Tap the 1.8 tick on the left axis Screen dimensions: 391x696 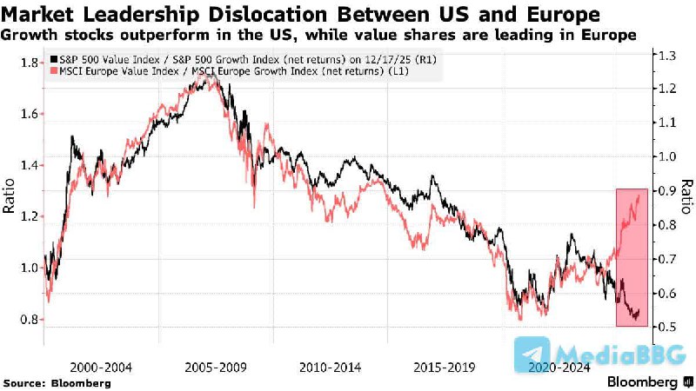(x=29, y=63)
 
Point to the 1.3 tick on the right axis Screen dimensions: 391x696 (x=667, y=56)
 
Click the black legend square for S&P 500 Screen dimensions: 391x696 (x=54, y=58)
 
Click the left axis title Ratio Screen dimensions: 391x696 (x=10, y=197)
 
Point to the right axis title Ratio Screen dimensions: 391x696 (x=686, y=197)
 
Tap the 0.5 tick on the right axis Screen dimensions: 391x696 (x=667, y=327)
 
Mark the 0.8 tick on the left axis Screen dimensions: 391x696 (x=29, y=319)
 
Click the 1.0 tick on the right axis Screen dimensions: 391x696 (x=667, y=157)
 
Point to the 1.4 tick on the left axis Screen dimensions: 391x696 (x=29, y=165)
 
